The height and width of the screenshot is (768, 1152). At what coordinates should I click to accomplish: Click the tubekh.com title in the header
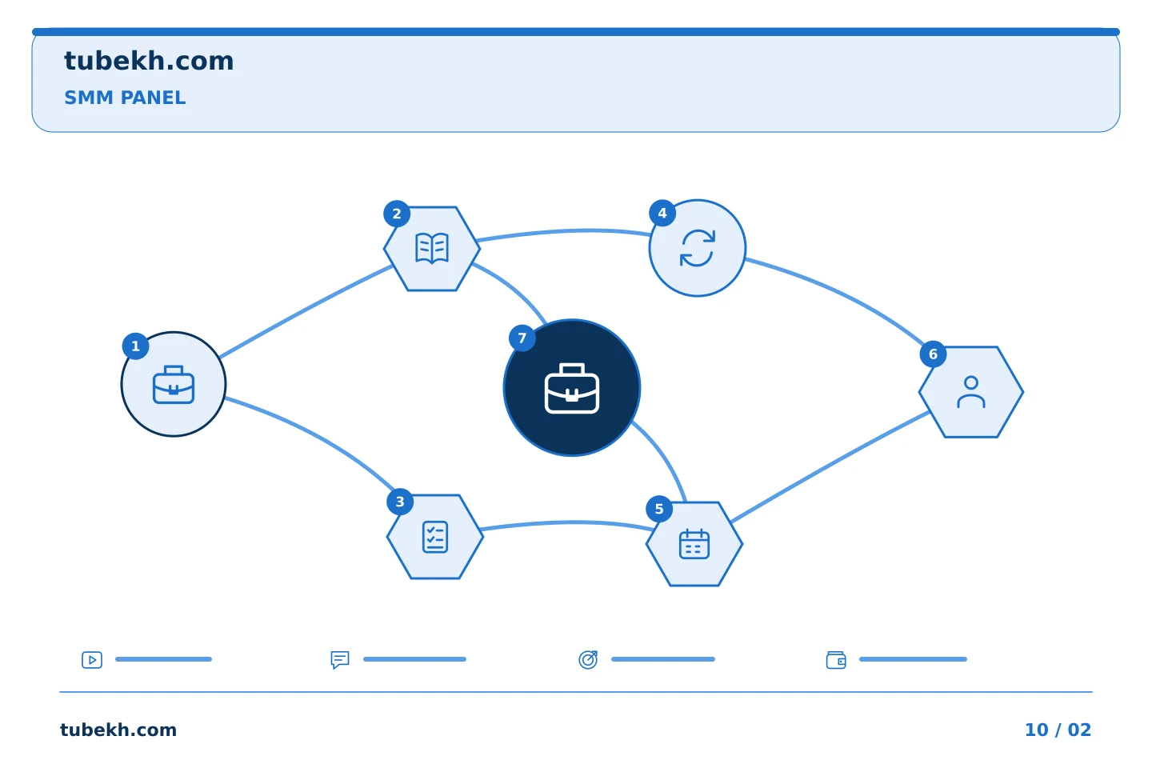tap(149, 61)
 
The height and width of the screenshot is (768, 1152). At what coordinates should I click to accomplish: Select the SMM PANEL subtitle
tap(125, 98)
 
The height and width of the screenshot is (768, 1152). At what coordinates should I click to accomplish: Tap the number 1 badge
tap(136, 346)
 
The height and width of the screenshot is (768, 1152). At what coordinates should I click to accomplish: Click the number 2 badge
tap(397, 214)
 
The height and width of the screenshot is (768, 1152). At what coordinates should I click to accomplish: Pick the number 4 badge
tap(662, 213)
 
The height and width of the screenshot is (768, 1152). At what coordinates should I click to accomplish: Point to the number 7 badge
tap(522, 338)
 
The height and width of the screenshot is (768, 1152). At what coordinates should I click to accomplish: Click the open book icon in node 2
tap(432, 248)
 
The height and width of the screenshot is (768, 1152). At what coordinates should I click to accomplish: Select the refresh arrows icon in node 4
tap(698, 248)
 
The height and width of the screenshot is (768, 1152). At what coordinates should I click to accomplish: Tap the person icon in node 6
tap(971, 392)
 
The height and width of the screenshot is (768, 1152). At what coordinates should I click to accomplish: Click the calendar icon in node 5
tap(694, 544)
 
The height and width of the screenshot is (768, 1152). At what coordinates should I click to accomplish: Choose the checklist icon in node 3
tap(435, 537)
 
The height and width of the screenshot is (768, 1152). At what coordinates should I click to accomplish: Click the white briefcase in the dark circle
tap(572, 388)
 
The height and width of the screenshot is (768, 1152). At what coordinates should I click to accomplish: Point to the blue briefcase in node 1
tap(174, 385)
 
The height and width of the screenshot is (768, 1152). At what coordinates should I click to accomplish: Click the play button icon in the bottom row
tap(92, 660)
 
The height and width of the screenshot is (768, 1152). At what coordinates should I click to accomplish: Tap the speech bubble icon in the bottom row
tap(340, 660)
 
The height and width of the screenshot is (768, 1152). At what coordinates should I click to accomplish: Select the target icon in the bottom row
tap(588, 659)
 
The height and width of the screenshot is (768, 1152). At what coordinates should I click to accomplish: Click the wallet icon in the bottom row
tap(836, 660)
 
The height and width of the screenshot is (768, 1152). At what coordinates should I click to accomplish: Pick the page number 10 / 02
tap(1058, 730)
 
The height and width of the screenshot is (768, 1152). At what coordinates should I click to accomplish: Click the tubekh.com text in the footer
tap(118, 730)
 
